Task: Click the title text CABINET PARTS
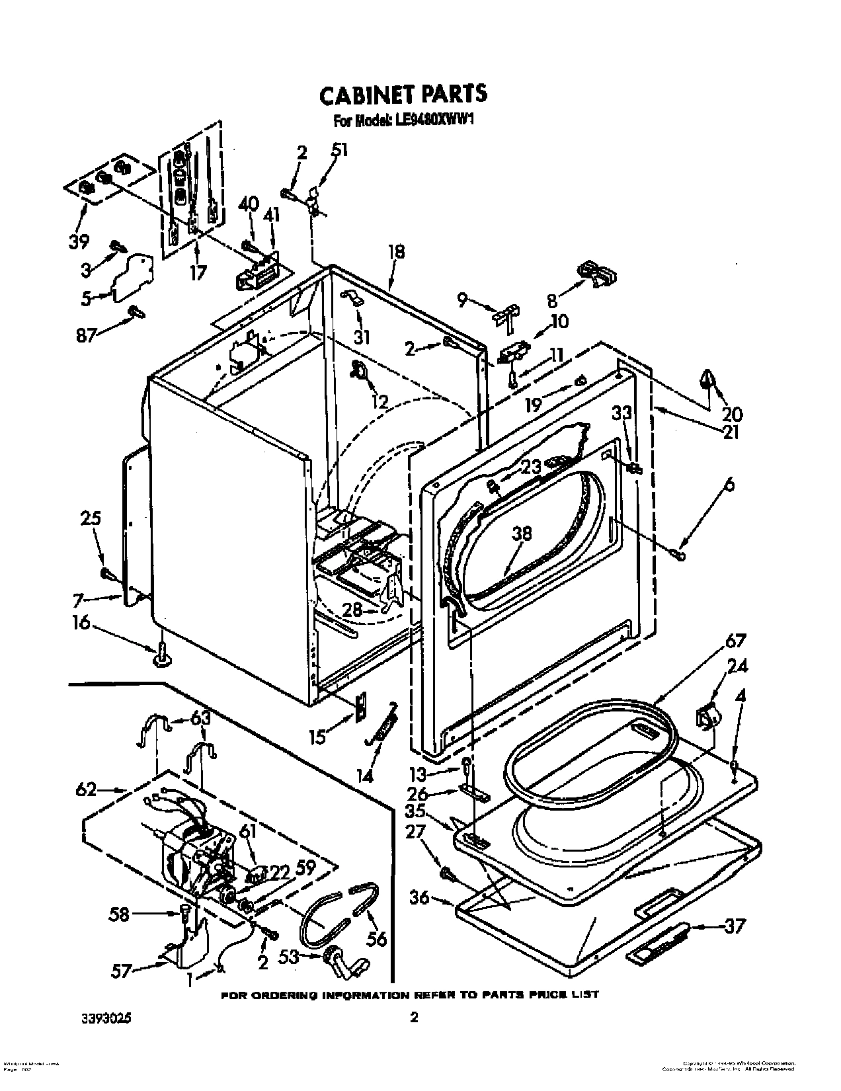(x=403, y=95)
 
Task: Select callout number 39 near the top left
(x=79, y=241)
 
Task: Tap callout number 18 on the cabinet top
(x=397, y=252)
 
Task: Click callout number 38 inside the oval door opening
(x=521, y=534)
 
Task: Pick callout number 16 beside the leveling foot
(x=81, y=624)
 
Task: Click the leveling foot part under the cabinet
(x=161, y=656)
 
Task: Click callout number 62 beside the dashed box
(x=86, y=789)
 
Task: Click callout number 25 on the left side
(x=91, y=518)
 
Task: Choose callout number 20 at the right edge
(x=732, y=414)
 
